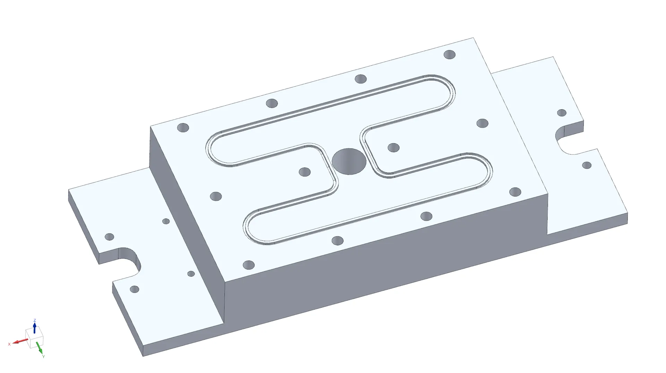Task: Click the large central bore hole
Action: pos(349,161)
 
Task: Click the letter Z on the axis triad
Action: pos(35,320)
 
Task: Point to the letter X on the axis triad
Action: pos(9,344)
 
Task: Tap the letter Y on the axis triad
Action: pos(43,356)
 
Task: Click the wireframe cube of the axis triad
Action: pos(34,337)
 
